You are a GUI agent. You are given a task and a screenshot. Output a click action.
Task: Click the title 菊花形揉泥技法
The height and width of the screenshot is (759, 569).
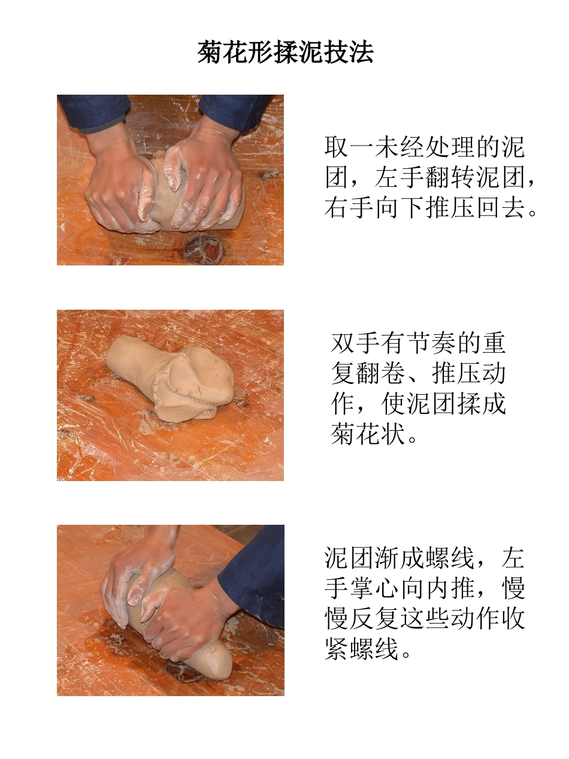coord(285,53)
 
